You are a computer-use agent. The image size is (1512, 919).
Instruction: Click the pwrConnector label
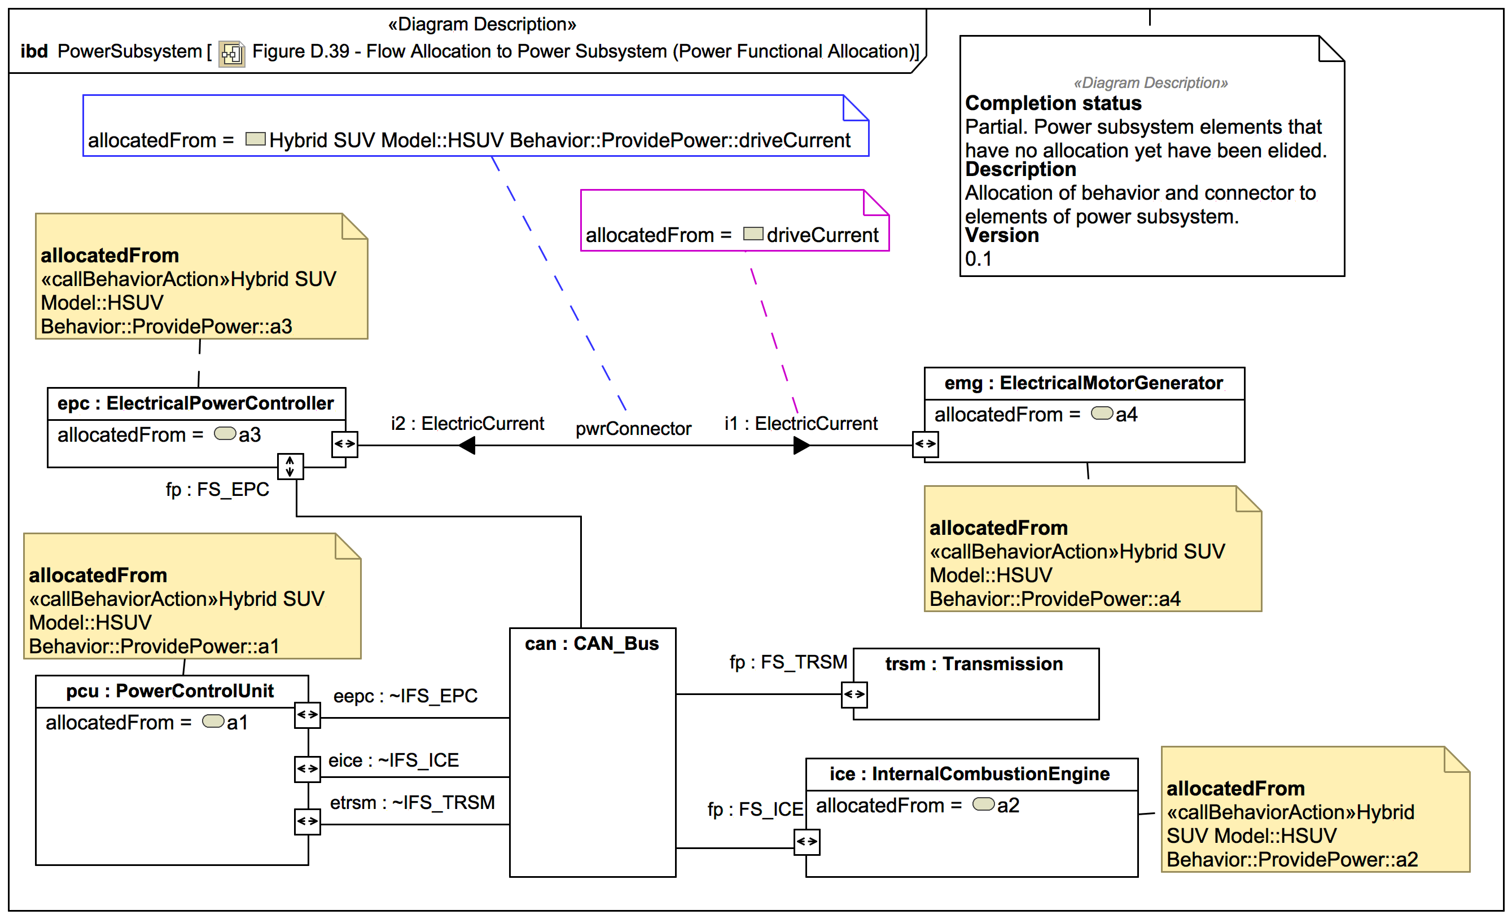coord(633,428)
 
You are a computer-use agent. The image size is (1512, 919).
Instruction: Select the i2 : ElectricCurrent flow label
coord(467,423)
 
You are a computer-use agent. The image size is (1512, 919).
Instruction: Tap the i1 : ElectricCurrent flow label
coord(800,423)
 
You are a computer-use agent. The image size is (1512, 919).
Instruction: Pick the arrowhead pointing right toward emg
coord(801,445)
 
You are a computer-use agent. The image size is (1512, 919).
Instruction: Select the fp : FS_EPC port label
coord(217,490)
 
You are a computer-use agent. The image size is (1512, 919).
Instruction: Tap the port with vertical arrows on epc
coord(290,466)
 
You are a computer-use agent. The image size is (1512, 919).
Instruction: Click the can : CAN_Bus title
coord(591,644)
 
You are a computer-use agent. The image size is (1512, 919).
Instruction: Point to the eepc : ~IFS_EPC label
coord(405,696)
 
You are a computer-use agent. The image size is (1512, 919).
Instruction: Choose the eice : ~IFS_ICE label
coord(393,760)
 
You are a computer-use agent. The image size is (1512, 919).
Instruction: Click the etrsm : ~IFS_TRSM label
coord(413,802)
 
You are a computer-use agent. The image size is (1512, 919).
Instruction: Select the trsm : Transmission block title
coord(974,664)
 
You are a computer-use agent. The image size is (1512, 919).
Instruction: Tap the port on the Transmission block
coord(854,694)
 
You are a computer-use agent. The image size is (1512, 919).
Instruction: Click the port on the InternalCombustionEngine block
coord(807,842)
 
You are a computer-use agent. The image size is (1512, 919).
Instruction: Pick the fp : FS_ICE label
coord(755,810)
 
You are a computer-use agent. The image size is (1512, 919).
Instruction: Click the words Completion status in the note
coord(1053,103)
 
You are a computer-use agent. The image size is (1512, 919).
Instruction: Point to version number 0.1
coord(978,259)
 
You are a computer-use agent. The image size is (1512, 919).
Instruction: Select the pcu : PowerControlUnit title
coord(170,691)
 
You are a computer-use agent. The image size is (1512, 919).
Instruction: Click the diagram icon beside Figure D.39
coord(232,54)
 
